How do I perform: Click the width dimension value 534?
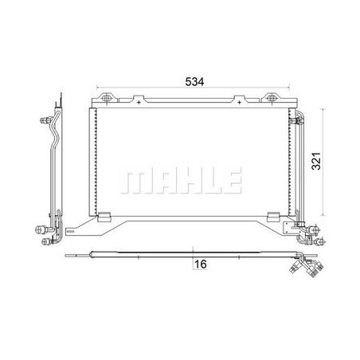tap(194, 81)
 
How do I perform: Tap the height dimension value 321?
tap(316, 161)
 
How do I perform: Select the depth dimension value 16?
tap(201, 264)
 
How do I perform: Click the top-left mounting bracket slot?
tap(107, 98)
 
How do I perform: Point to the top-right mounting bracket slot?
tap(272, 98)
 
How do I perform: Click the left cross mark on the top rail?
tap(139, 103)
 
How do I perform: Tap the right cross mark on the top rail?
tap(240, 103)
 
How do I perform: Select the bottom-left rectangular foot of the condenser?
tap(104, 217)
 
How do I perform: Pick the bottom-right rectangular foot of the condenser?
tap(273, 217)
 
